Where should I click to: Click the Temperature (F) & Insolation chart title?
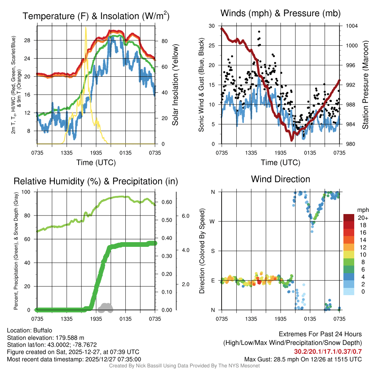coord(96,16)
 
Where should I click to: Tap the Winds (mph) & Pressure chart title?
coord(280,13)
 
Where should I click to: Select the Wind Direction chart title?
coord(280,179)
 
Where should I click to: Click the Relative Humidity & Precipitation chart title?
coord(96,181)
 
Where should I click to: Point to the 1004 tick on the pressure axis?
coord(351,26)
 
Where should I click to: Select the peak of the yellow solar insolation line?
coord(85,27)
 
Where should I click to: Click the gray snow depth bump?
coord(105,307)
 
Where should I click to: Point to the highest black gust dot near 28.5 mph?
coord(259,32)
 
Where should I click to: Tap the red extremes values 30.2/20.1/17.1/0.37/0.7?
coord(328,352)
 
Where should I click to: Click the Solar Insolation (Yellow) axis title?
coord(175,85)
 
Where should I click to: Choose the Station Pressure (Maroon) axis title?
coord(365,85)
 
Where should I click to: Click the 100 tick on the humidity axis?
coord(30,192)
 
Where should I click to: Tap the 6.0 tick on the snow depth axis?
coord(185,215)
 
